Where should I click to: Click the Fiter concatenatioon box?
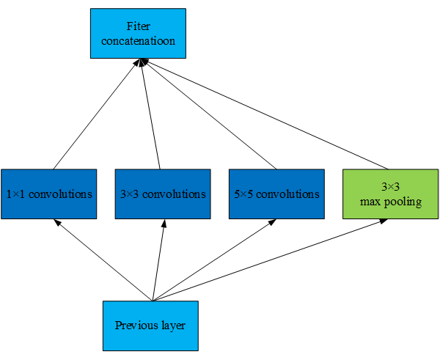click(x=138, y=33)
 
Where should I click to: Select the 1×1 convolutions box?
click(x=48, y=194)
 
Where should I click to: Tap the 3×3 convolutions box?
click(x=162, y=194)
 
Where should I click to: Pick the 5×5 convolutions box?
click(x=276, y=194)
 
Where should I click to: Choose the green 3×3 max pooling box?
click(x=391, y=194)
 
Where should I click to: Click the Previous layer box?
click(x=150, y=325)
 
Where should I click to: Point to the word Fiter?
click(x=138, y=27)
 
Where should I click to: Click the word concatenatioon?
click(x=139, y=41)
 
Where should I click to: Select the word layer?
click(x=171, y=325)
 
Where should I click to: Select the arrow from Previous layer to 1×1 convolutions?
click(x=103, y=260)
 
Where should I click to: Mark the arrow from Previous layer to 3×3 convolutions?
click(x=157, y=260)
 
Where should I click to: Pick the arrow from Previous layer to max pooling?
click(x=268, y=260)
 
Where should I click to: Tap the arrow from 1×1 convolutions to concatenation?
click(x=95, y=114)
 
